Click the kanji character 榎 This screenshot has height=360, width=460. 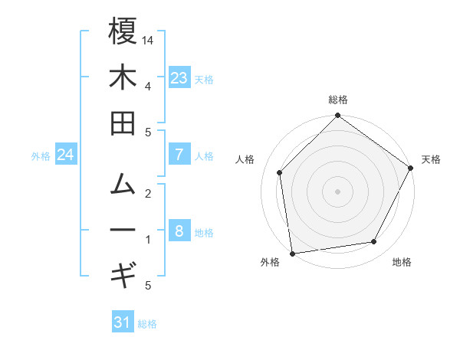click(x=123, y=31)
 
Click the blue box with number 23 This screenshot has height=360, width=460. click(x=179, y=78)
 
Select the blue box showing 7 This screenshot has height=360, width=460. click(x=179, y=155)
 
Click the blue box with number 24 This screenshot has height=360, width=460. click(x=66, y=155)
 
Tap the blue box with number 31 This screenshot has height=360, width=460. click(x=123, y=322)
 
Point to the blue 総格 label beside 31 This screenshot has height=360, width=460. click(x=147, y=324)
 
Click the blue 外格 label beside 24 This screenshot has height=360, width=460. click(x=41, y=156)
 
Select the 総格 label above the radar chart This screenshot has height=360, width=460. click(x=337, y=100)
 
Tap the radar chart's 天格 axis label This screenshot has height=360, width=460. click(x=431, y=159)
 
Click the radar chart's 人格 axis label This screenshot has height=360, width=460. click(x=245, y=159)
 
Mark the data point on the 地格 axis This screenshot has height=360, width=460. click(x=374, y=242)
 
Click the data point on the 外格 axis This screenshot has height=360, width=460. click(x=292, y=253)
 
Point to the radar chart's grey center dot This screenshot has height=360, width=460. click(x=337, y=191)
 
